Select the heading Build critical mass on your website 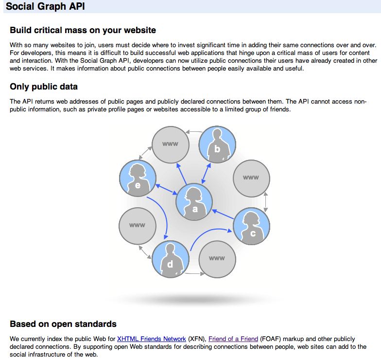pyautogui.click(x=83, y=30)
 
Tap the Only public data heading pyautogui.click(x=44, y=87)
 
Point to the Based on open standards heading pyautogui.click(x=63, y=324)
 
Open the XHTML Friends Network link pyautogui.click(x=152, y=339)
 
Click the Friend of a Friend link pyautogui.click(x=233, y=339)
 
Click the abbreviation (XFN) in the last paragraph pyautogui.click(x=197, y=339)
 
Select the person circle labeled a pyautogui.click(x=194, y=201)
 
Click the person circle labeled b pyautogui.click(x=217, y=144)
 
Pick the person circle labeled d pyautogui.click(x=170, y=259)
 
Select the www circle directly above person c pyautogui.click(x=251, y=178)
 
